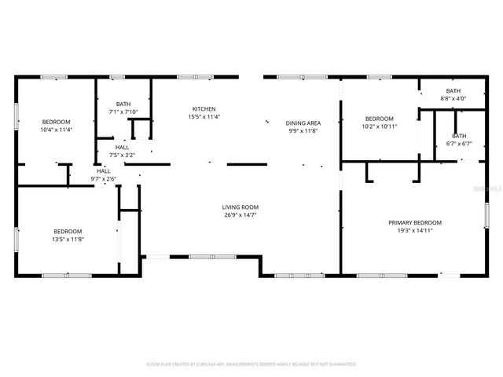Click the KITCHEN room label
204,109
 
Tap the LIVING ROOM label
240,207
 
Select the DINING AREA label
303,123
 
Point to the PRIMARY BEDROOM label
415,222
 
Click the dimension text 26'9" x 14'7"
240,214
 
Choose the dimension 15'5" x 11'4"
204,117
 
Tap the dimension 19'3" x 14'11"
415,230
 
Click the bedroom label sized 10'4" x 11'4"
56,122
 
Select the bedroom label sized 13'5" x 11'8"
68,231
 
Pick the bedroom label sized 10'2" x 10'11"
379,118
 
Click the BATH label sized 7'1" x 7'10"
123,104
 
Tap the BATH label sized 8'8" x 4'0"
453,91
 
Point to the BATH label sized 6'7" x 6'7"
458,136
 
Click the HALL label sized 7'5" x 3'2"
123,147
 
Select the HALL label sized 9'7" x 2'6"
104,170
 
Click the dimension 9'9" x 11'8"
303,131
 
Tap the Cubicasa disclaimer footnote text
251,364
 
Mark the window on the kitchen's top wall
189,77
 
